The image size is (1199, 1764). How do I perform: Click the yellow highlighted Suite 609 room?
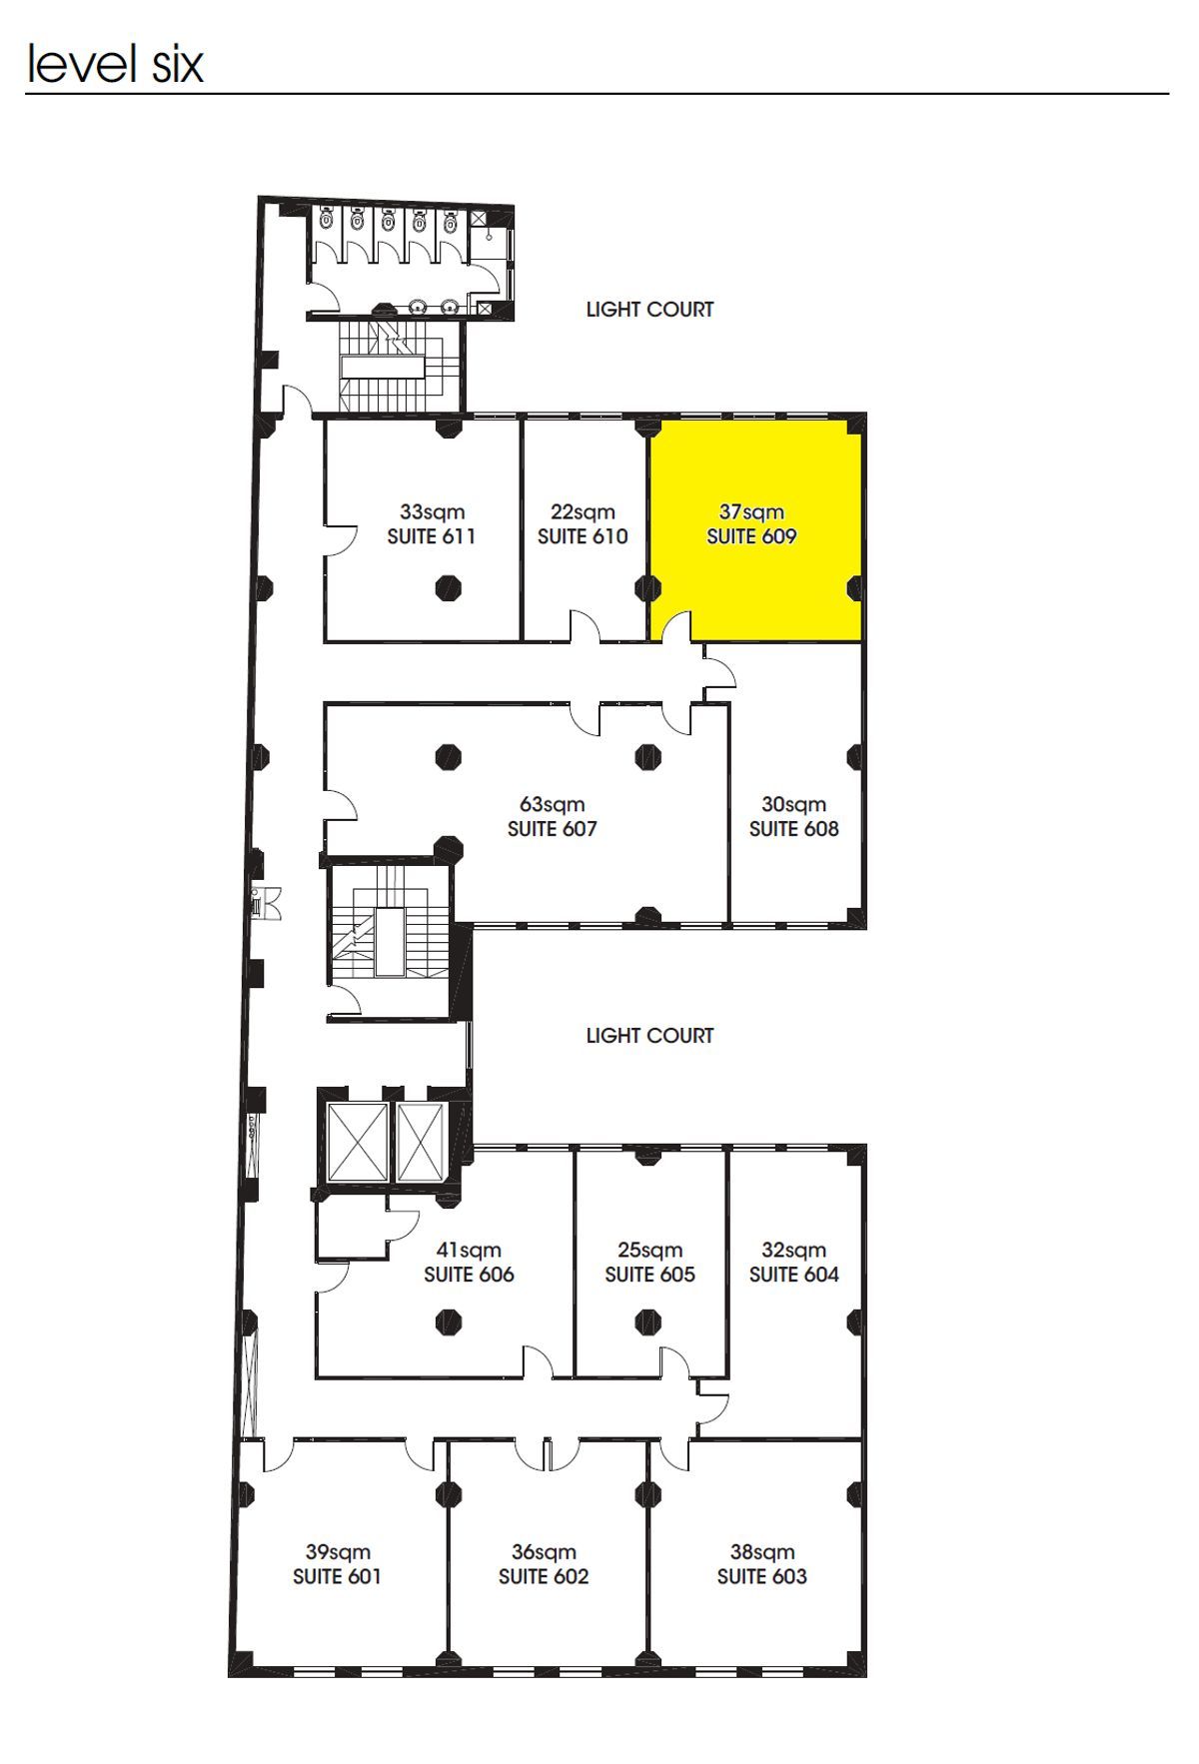pyautogui.click(x=755, y=529)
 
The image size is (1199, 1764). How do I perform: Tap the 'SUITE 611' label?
pyautogui.click(x=432, y=536)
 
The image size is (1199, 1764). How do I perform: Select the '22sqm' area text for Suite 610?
pyautogui.click(x=583, y=512)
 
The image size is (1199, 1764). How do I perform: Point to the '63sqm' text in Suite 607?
pyautogui.click(x=553, y=804)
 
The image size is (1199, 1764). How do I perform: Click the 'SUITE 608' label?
pyautogui.click(x=794, y=829)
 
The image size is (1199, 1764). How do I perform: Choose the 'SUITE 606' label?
pyautogui.click(x=469, y=1275)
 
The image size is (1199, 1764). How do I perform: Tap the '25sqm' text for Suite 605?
pyautogui.click(x=649, y=1250)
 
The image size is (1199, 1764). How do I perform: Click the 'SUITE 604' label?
pyautogui.click(x=794, y=1275)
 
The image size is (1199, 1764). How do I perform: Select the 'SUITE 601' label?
pyautogui.click(x=338, y=1576)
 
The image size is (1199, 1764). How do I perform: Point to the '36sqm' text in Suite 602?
pyautogui.click(x=544, y=1551)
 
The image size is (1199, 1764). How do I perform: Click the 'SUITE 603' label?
pyautogui.click(x=762, y=1576)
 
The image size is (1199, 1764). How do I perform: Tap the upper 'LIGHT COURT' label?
pyautogui.click(x=650, y=310)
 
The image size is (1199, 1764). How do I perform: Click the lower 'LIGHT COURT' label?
pyautogui.click(x=650, y=1036)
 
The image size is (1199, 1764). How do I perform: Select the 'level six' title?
pyautogui.click(x=116, y=63)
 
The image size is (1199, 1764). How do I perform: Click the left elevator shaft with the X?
pyautogui.click(x=357, y=1143)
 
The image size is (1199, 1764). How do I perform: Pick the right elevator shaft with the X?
pyautogui.click(x=420, y=1143)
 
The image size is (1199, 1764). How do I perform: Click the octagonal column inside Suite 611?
pyautogui.click(x=449, y=587)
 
